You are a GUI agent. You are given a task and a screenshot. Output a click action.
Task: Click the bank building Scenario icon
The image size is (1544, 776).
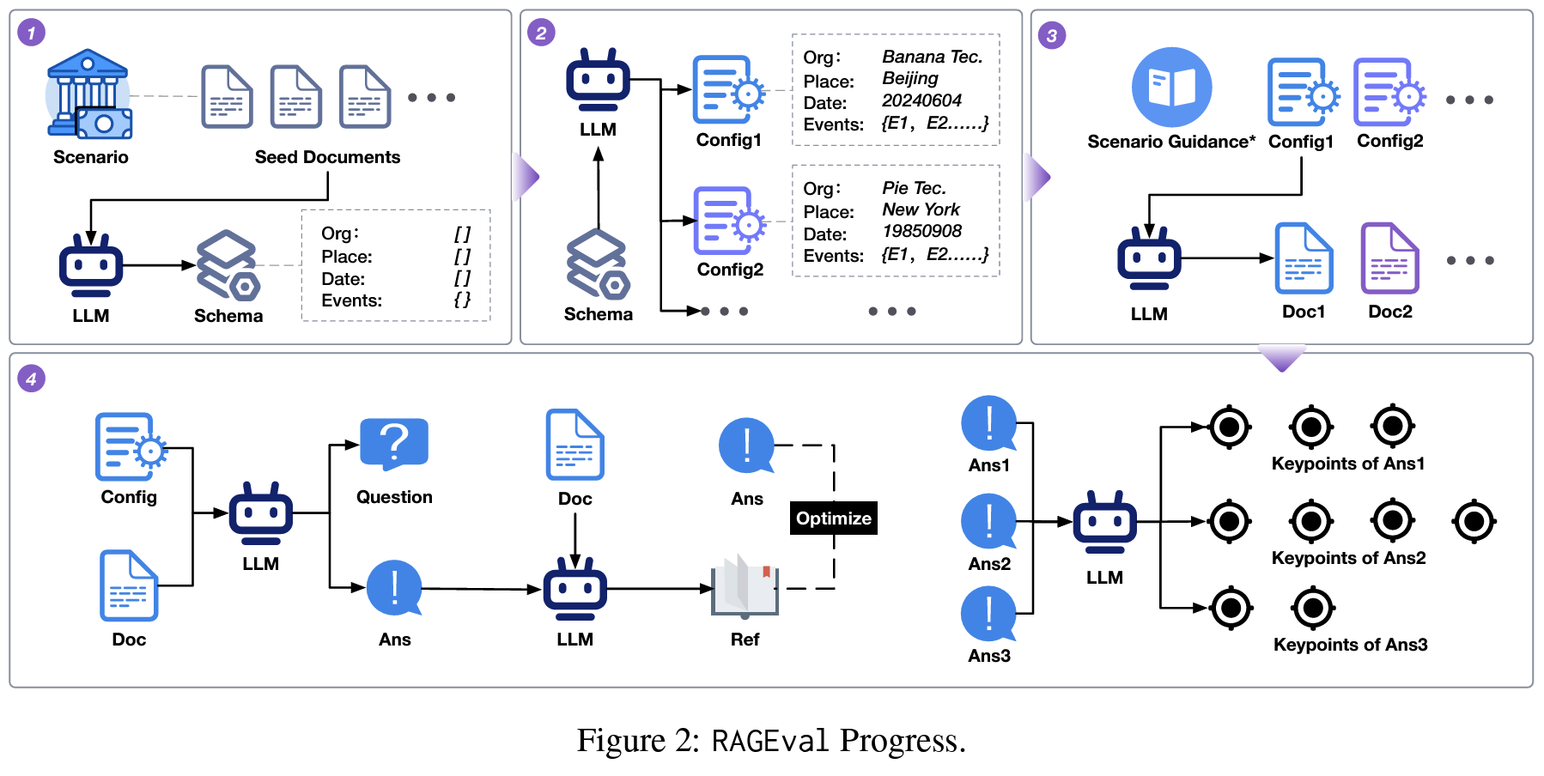(89, 94)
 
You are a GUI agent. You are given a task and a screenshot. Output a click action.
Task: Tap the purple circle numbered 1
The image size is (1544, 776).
(32, 33)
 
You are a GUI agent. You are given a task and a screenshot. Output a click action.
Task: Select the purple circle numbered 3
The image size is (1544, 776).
(1052, 35)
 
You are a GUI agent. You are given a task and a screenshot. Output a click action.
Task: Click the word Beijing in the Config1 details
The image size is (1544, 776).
(910, 79)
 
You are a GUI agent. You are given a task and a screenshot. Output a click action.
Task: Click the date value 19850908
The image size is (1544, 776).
(921, 231)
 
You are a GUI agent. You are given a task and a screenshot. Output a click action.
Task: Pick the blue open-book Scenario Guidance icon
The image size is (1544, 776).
(1171, 87)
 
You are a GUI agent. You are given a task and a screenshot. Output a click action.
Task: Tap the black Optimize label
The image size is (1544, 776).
(833, 518)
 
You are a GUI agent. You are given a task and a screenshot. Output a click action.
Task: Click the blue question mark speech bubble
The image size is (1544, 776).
(394, 444)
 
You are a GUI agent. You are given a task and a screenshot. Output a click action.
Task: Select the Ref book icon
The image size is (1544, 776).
(745, 588)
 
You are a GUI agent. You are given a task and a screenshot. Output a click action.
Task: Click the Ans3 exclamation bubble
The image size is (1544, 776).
(988, 614)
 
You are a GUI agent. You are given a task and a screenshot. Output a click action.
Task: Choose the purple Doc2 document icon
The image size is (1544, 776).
(1389, 258)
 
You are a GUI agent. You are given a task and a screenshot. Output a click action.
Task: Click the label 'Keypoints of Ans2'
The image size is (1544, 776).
(1348, 558)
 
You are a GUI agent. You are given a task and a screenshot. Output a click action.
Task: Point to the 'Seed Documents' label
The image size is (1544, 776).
(327, 157)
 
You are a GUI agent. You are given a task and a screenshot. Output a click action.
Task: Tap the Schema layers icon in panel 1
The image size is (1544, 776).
(228, 264)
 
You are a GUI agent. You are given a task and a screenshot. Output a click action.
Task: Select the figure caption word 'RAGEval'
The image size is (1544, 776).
(769, 741)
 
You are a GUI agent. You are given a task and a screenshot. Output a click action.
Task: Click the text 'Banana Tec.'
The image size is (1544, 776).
(932, 57)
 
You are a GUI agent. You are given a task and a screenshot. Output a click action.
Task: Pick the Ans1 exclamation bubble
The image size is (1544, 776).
(988, 423)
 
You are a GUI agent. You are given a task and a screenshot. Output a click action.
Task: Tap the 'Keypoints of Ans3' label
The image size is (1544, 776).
(1350, 645)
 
